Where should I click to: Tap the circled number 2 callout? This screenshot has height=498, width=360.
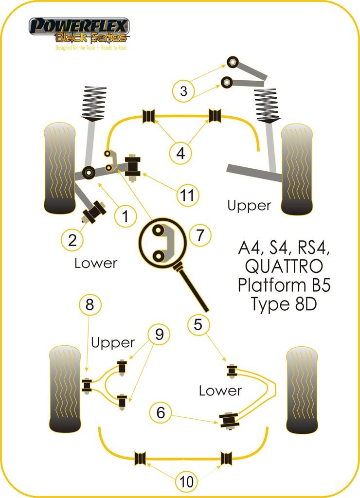point(72,239)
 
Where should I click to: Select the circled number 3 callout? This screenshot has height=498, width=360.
point(183,91)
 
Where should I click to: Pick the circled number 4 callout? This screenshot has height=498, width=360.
point(180,154)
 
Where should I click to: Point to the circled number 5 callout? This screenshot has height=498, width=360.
point(198,324)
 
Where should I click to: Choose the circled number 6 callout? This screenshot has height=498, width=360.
point(161,413)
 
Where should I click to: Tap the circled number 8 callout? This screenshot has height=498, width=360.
point(90,305)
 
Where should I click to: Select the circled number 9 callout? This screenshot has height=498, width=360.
point(159,334)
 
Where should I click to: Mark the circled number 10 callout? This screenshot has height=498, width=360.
point(186,481)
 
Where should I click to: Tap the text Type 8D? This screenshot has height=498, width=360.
point(284,304)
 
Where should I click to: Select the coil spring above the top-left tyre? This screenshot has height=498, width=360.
point(94,103)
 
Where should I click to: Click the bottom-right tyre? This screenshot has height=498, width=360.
point(302,390)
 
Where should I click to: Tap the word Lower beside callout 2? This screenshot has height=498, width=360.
point(96,263)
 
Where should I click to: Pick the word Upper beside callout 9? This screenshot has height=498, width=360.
point(113,342)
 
